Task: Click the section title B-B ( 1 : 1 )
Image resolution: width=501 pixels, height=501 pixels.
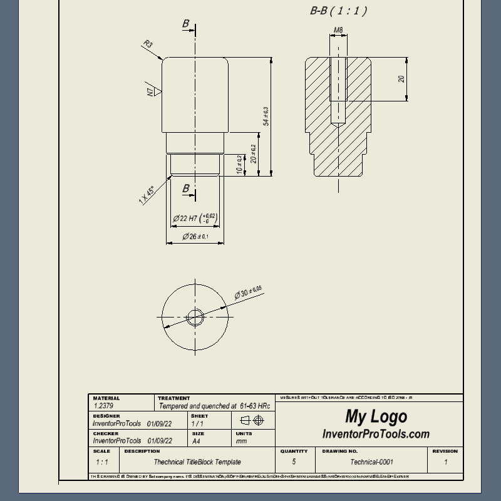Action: [338, 11]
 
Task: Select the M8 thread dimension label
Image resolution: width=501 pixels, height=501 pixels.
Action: [338, 30]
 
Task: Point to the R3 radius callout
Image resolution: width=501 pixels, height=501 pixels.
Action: [148, 44]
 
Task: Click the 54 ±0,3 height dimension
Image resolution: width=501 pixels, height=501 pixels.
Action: [266, 116]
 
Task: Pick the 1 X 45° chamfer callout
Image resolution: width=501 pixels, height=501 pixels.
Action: [147, 195]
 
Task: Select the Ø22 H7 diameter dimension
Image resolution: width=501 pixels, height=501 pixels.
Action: [194, 218]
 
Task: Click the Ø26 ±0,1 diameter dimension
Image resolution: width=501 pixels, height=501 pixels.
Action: [195, 237]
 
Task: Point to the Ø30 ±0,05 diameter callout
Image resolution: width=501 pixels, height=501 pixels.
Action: [248, 292]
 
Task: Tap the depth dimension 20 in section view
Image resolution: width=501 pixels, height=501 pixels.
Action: [401, 79]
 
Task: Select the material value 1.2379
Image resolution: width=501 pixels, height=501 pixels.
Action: [103, 406]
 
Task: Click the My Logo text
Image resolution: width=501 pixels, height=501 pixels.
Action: [376, 416]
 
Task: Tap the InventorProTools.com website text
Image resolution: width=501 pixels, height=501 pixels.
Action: [376, 434]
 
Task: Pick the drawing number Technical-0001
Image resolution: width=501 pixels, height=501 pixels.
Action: [372, 462]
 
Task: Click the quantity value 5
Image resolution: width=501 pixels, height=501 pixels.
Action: [294, 462]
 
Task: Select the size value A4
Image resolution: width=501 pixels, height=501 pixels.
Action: [196, 441]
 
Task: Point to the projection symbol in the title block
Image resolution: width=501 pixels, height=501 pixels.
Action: [252, 420]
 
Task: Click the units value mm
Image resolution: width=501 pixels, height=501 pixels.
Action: [241, 441]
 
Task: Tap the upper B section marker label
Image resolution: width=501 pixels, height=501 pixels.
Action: [185, 24]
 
